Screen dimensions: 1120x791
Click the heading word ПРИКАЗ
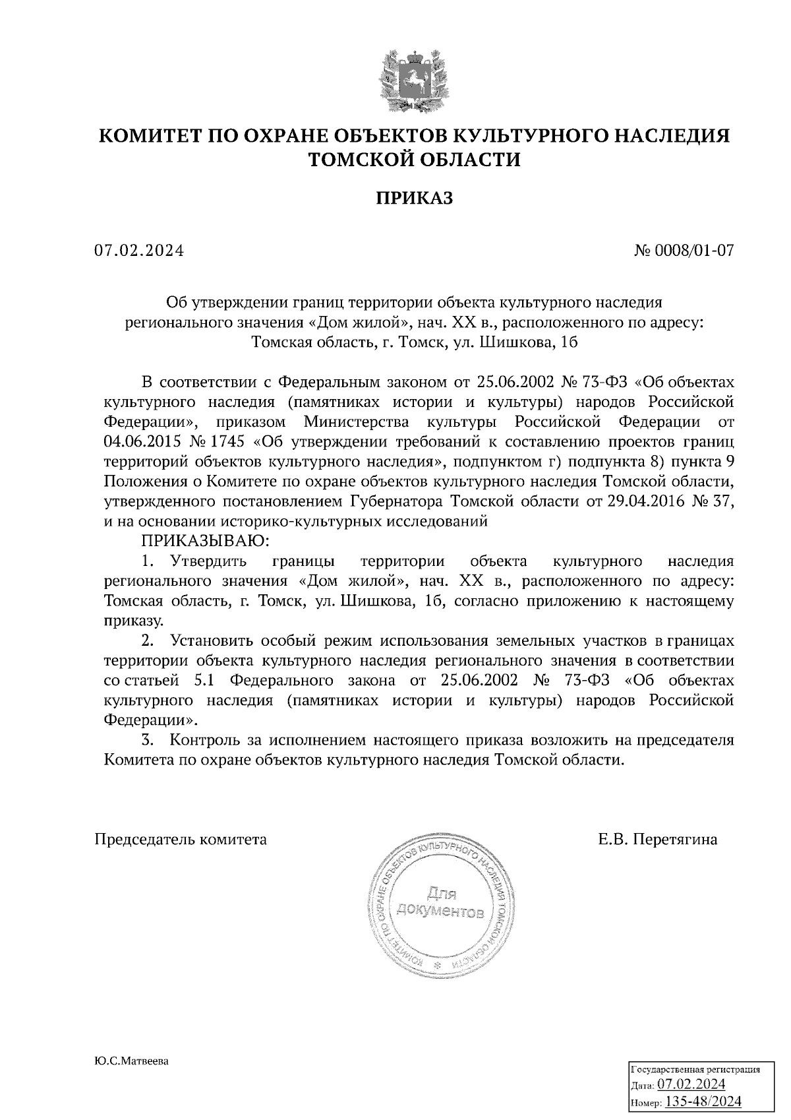click(415, 198)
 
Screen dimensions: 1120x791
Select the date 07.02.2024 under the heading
click(139, 251)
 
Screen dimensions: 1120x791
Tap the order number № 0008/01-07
click(684, 251)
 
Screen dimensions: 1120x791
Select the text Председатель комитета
click(181, 839)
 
